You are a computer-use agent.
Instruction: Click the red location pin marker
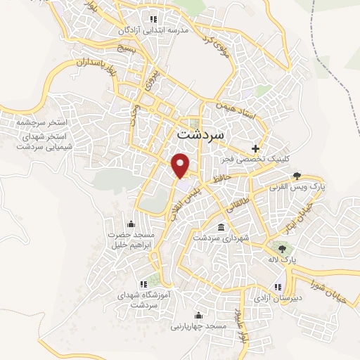pyautogui.click(x=182, y=165)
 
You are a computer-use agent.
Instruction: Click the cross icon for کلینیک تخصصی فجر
pyautogui.click(x=256, y=148)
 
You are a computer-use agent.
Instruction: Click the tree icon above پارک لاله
pyautogui.click(x=283, y=249)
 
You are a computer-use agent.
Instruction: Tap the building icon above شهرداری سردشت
pyautogui.click(x=221, y=228)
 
